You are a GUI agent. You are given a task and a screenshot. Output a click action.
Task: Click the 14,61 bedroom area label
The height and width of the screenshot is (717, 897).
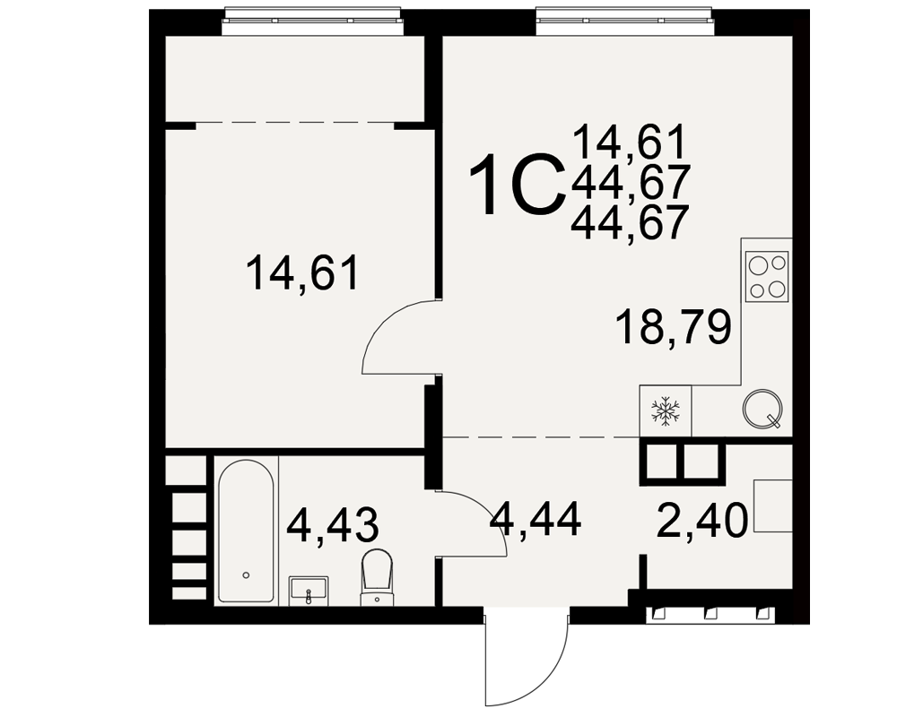[302, 273]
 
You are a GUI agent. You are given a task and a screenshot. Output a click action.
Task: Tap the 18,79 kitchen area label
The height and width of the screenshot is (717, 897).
[674, 327]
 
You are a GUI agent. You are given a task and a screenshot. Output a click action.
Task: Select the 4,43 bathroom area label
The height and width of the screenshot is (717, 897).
[333, 525]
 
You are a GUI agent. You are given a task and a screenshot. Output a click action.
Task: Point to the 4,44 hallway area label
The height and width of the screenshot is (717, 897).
[536, 519]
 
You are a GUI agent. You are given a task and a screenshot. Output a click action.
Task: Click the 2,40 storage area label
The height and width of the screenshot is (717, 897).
[702, 521]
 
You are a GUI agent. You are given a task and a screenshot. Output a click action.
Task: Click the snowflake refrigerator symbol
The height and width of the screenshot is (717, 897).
[666, 411]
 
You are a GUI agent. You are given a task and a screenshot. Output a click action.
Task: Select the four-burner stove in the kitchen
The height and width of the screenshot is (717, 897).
[768, 277]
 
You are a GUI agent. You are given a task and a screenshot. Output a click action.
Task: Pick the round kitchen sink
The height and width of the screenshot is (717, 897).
[762, 409]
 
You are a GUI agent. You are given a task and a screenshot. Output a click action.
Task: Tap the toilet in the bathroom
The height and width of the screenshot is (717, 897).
[378, 576]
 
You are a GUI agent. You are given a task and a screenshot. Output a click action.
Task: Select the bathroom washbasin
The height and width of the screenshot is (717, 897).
[309, 590]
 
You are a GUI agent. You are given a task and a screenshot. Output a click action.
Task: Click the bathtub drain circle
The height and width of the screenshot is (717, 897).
[246, 574]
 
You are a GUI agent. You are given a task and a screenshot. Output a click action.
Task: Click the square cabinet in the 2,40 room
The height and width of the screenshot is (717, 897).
[773, 506]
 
